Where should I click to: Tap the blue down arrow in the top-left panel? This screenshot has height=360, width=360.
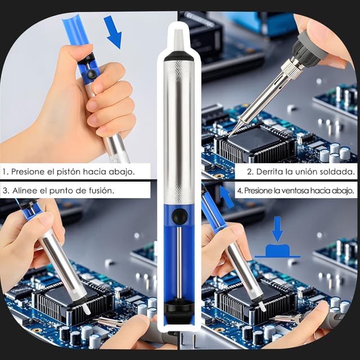[113, 32]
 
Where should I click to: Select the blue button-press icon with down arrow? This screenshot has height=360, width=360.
[277, 242]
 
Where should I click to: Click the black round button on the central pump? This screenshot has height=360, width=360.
[180, 216]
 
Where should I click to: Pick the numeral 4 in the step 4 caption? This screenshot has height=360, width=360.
[239, 191]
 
